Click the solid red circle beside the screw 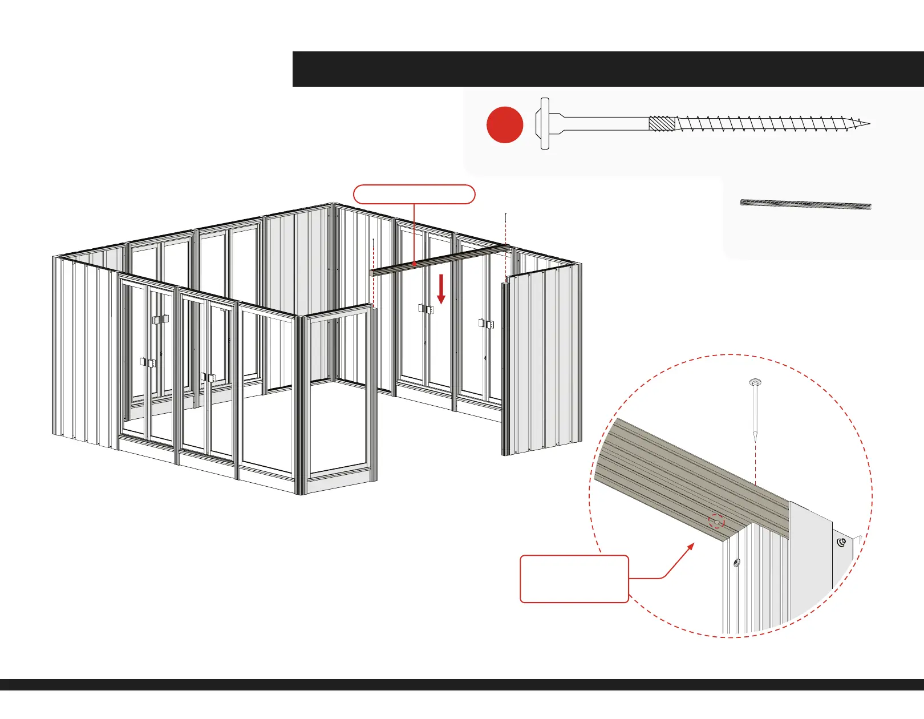coord(505,124)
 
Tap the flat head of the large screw coord(545,123)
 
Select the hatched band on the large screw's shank coord(662,123)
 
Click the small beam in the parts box coord(805,205)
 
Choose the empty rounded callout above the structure coord(414,194)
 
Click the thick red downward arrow coord(441,289)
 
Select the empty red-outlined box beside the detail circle coord(574,579)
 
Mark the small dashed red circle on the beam coord(716,522)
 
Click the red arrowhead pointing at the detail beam coord(691,546)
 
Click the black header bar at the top coord(607,69)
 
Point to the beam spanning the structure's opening coord(439,260)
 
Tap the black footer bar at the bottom coord(462,684)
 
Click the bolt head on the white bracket coord(841,542)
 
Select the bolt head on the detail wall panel coord(736,563)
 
